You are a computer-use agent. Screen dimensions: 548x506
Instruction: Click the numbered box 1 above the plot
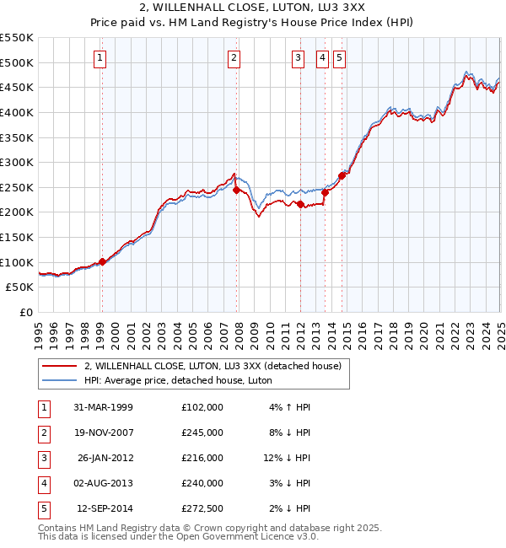click(x=100, y=58)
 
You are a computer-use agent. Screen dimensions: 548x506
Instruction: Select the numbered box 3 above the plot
click(x=299, y=58)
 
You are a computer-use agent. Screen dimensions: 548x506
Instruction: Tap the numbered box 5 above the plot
click(x=339, y=58)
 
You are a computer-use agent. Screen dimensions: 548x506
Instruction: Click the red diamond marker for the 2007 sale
click(x=236, y=191)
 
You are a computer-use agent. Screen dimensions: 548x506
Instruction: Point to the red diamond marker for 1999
click(x=102, y=261)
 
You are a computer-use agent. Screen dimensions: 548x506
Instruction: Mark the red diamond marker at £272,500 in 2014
click(x=342, y=176)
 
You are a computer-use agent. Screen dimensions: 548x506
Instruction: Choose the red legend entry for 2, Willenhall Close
click(x=212, y=366)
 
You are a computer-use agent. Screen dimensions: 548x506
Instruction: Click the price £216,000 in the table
click(x=202, y=458)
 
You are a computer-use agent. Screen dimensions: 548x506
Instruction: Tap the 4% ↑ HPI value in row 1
click(x=290, y=407)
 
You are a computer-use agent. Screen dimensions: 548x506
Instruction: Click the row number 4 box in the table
click(x=43, y=483)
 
